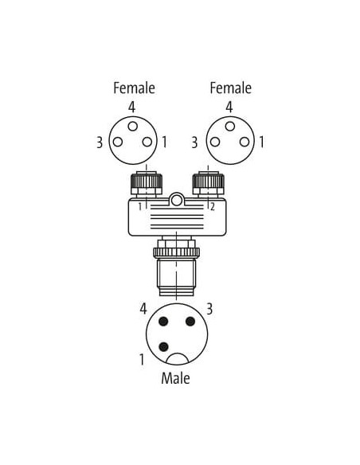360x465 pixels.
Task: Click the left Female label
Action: [x=134, y=88]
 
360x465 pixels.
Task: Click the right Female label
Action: [x=230, y=88]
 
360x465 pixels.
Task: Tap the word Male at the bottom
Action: [x=175, y=378]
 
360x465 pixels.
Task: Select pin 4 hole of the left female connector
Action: [x=132, y=127]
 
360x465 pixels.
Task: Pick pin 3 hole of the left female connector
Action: [x=118, y=142]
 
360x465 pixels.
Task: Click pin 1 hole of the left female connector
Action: [x=147, y=142]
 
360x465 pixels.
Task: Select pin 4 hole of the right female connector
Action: [x=230, y=127]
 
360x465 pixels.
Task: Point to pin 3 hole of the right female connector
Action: [x=215, y=142]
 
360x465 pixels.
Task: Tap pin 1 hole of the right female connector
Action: [x=245, y=142]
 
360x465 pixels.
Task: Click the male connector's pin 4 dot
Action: [x=163, y=321]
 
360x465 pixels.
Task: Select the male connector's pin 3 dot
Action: [x=190, y=321]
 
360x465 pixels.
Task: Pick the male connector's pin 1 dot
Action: [x=164, y=346]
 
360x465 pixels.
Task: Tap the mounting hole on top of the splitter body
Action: [x=177, y=201]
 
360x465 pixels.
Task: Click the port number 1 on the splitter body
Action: [x=140, y=207]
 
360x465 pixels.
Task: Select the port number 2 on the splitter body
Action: [x=213, y=207]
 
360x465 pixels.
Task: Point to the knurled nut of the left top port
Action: [x=147, y=182]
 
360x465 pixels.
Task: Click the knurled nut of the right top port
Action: [x=209, y=182]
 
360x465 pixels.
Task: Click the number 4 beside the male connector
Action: [x=143, y=309]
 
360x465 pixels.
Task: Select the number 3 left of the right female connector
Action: [x=194, y=143]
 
